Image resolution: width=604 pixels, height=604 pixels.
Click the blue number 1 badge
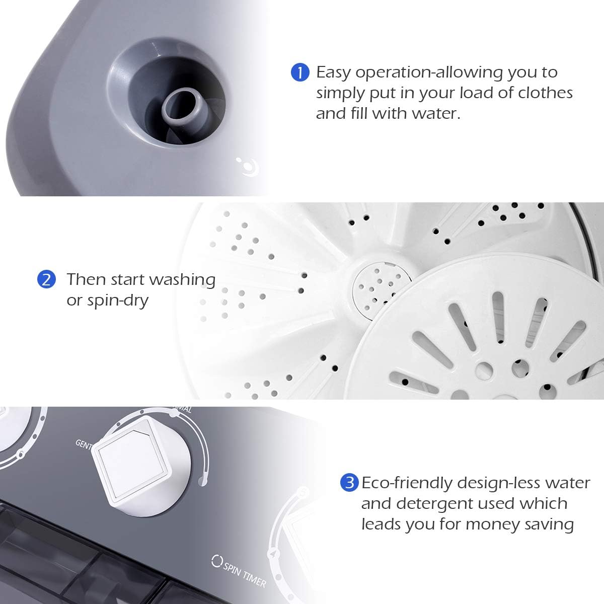point(300,72)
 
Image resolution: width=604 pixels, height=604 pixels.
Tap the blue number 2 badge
point(46,279)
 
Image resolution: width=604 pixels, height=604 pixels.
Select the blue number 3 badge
point(349,483)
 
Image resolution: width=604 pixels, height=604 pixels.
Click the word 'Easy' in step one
point(334,73)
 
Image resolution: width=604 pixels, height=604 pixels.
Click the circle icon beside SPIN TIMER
point(217,561)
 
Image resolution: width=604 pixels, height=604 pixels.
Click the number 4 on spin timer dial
point(272,555)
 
